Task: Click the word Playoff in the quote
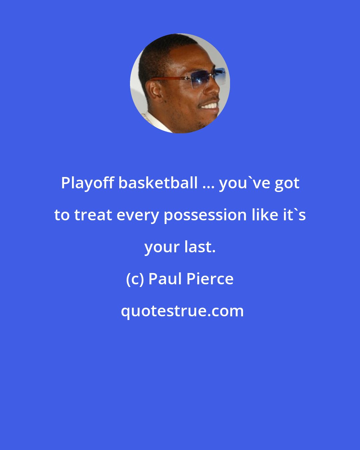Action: coord(88,183)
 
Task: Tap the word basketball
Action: coord(158,183)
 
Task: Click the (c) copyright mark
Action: coord(135,279)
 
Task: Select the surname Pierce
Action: coord(210,279)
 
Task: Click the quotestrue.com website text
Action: coord(182,311)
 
